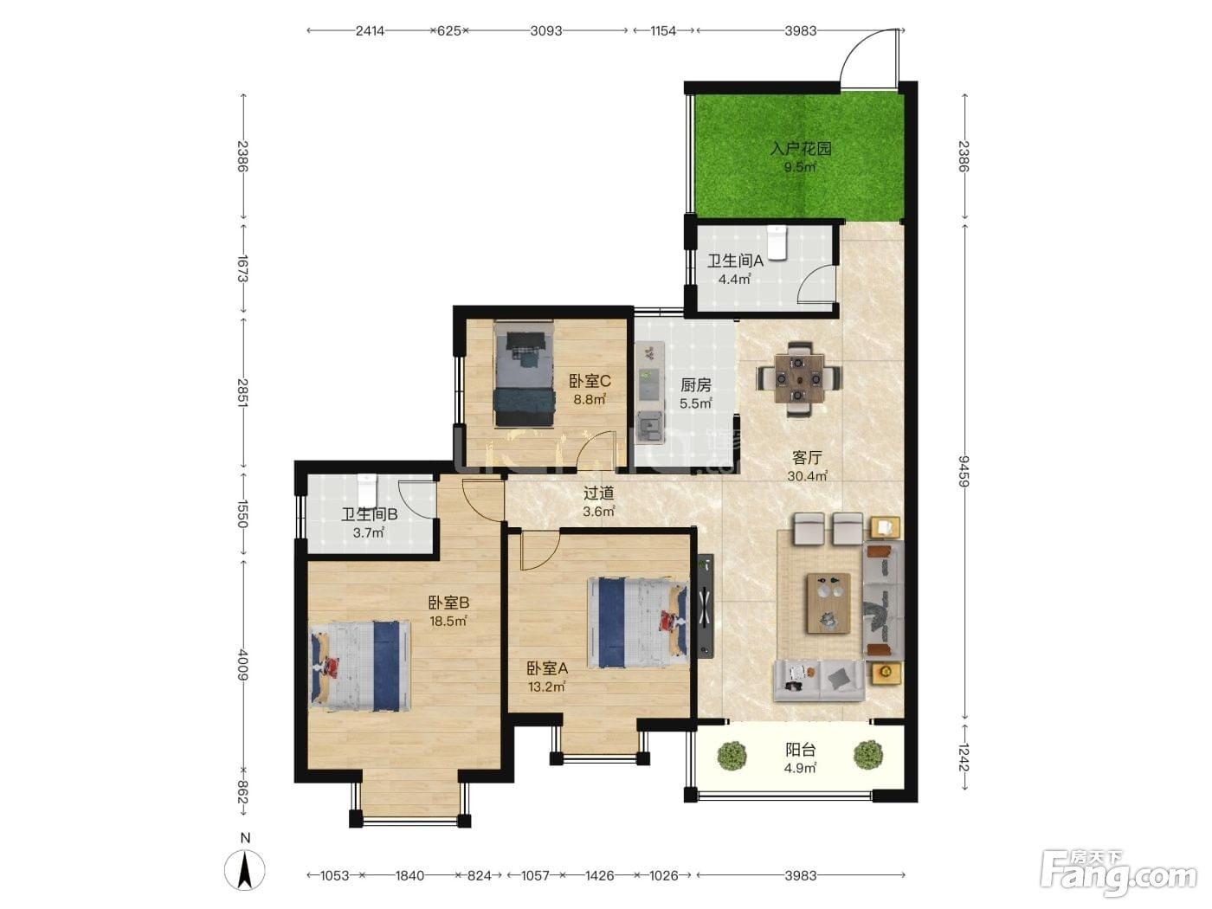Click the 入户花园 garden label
pos(800,148)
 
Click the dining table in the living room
pos(799,379)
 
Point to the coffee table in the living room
pos(828,603)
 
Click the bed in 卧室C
pos(524,374)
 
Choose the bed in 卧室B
pos(360,666)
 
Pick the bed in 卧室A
pos(638,623)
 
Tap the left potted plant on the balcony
pos(732,754)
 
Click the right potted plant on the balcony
pos(867,754)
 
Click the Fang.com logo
pos(1119,874)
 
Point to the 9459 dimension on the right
pos(964,471)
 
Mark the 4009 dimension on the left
pos(243,665)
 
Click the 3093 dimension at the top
pos(546,31)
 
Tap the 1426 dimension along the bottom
pos(599,875)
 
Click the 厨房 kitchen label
pos(695,384)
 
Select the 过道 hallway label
pos(598,493)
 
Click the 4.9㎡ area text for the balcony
pos(800,768)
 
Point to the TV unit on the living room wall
pos(705,607)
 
